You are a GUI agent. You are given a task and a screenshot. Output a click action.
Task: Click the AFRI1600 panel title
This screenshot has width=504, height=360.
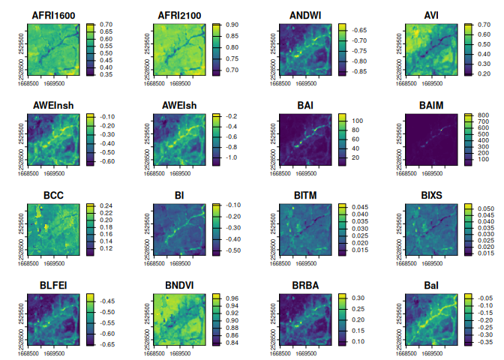pyautogui.click(x=52, y=15)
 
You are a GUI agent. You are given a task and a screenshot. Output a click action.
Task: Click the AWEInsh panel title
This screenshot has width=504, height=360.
pyautogui.click(x=52, y=105)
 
